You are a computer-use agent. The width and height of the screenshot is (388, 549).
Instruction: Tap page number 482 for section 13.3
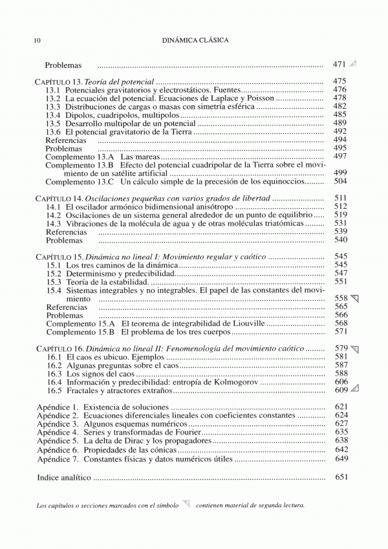(x=340, y=106)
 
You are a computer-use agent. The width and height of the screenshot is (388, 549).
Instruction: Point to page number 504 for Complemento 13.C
(x=340, y=182)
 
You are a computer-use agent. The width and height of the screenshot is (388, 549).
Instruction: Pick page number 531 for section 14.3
(x=341, y=223)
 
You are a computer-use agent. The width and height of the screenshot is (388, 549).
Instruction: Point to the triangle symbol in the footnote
(x=187, y=504)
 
